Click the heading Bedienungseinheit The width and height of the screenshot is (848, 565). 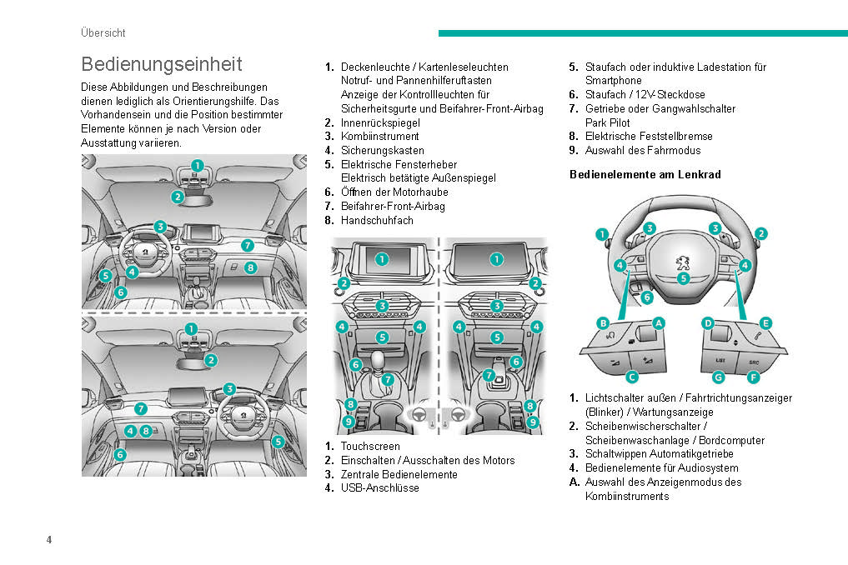(162, 64)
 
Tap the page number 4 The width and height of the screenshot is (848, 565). (49, 540)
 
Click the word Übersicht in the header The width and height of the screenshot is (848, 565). (103, 32)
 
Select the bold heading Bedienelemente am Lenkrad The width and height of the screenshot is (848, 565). (645, 174)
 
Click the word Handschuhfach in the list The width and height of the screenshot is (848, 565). (377, 220)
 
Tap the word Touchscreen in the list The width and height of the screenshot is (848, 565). (370, 446)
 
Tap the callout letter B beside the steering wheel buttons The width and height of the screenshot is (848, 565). (602, 322)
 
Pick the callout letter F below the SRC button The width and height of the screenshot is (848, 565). (753, 377)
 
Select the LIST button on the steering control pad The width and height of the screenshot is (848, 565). (720, 361)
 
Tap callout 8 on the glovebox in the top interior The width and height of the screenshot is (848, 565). (250, 267)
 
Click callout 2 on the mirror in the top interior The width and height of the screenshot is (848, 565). (178, 197)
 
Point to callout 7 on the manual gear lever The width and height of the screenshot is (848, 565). (388, 379)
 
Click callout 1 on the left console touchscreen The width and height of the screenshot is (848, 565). (381, 259)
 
